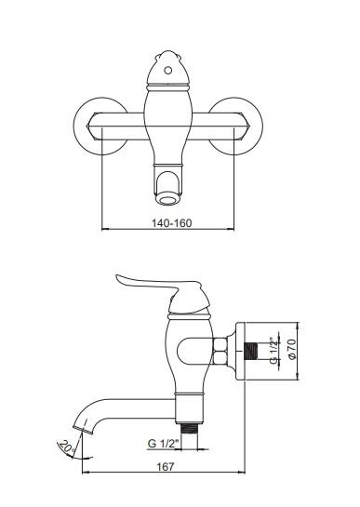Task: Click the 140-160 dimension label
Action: [172, 223]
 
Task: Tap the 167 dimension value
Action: [166, 467]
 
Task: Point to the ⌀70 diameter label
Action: [291, 349]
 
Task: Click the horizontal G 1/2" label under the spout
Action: [164, 444]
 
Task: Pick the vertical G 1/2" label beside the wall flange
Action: [274, 351]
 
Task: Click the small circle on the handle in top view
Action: [167, 70]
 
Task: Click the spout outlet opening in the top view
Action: [167, 197]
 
